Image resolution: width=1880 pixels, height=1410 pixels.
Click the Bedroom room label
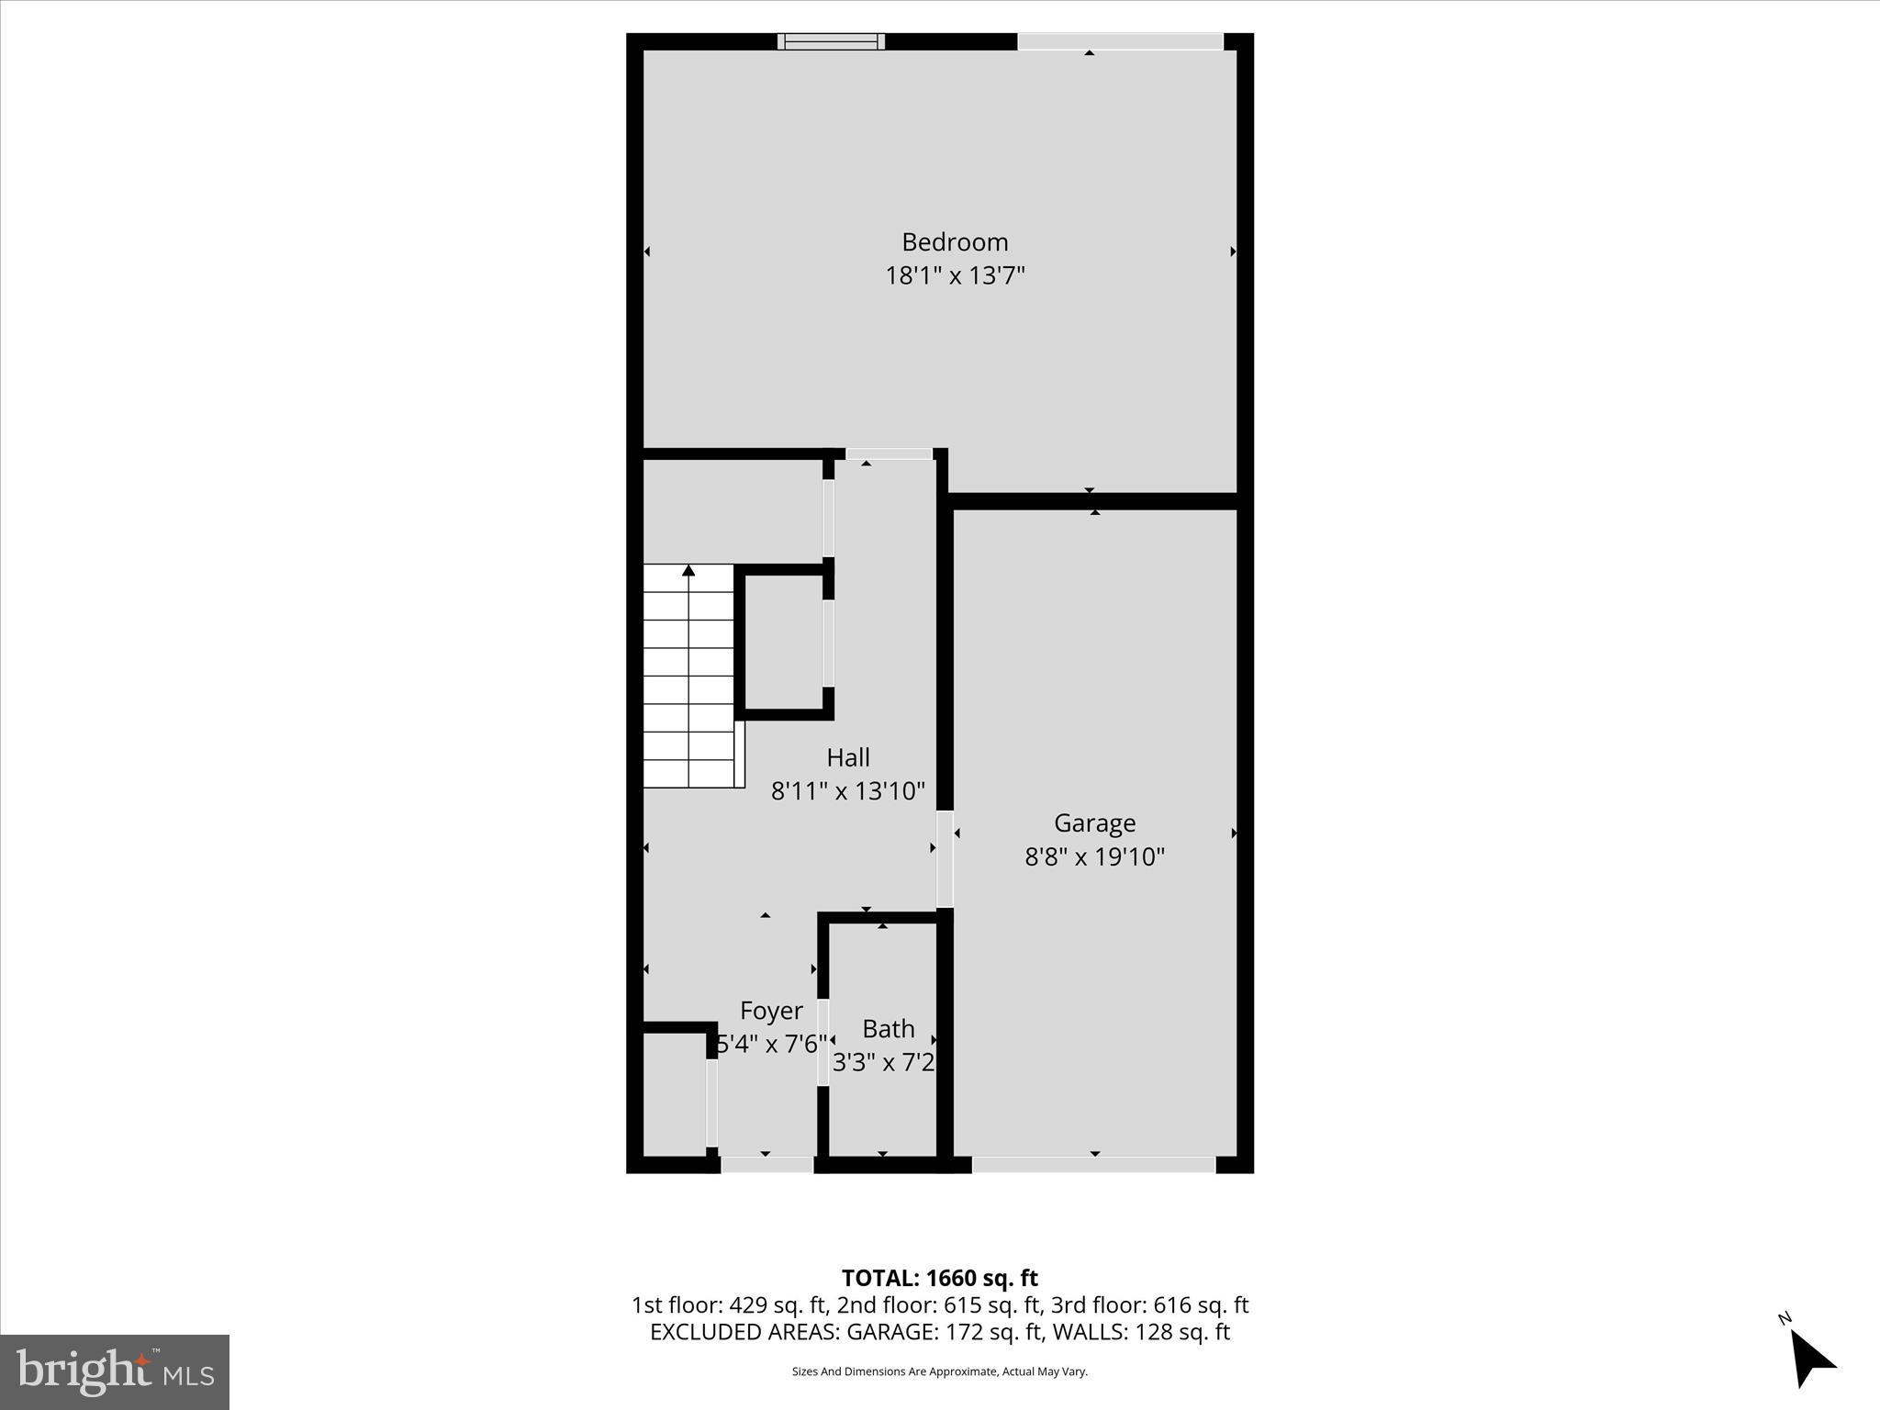point(955,242)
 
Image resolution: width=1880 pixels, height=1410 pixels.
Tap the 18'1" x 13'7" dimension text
point(955,275)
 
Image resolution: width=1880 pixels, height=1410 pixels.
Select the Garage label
point(1094,822)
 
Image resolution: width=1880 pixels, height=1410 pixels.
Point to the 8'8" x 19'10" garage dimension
point(1094,856)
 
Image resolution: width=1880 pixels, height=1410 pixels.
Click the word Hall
point(847,757)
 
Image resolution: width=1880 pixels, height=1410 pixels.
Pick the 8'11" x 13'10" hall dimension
point(847,790)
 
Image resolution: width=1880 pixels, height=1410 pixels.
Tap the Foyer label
point(771,1011)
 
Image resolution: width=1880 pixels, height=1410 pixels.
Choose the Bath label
point(888,1028)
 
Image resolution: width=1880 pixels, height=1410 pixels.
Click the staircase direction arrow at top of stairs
point(688,571)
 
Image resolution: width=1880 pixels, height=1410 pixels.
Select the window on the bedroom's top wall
point(831,41)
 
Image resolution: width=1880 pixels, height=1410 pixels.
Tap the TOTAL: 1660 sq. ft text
point(939,1278)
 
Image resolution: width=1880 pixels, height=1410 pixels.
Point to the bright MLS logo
point(115,1371)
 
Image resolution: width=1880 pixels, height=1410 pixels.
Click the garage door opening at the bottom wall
point(1093,1165)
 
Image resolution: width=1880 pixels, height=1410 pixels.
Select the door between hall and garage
point(945,858)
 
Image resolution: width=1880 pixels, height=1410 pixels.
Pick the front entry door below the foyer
point(767,1165)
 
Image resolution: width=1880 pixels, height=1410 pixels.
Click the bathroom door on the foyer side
point(823,1042)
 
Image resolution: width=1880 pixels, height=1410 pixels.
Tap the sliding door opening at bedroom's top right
point(1120,41)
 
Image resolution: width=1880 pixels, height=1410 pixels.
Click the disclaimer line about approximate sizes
point(939,1371)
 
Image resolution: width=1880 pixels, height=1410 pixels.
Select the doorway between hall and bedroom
point(889,453)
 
